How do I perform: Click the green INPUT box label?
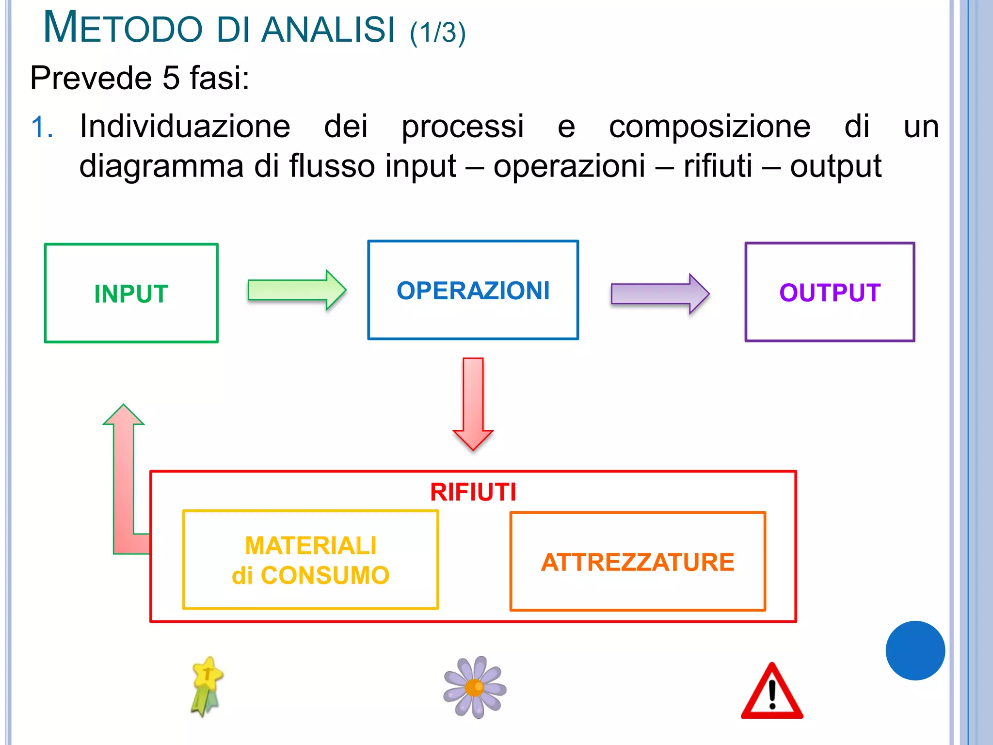coord(131,294)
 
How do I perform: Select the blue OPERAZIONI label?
coord(473,291)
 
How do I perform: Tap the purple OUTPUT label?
coord(830,293)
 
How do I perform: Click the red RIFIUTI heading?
coord(473,492)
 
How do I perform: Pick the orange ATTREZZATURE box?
coord(638,562)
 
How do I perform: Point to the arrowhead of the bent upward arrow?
coord(124,415)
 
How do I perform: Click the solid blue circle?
coord(915,650)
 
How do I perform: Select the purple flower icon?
coord(475,687)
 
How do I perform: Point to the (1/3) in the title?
coord(437,33)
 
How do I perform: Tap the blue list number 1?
coord(42,128)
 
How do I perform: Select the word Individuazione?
coord(185,126)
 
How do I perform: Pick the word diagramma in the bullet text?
coord(161,166)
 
